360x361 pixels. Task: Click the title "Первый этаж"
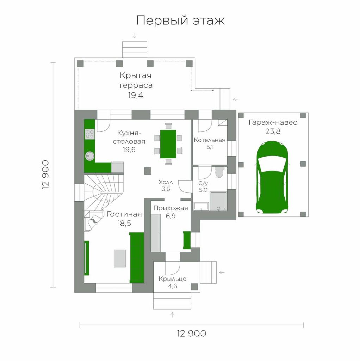coord(180,20)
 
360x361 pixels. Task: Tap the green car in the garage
coord(272,177)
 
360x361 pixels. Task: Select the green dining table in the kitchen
coord(168,144)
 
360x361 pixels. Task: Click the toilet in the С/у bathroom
coord(219,172)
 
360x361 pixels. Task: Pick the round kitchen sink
coord(89,156)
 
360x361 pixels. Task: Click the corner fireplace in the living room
coord(93,221)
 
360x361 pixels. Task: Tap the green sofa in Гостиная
coord(137,258)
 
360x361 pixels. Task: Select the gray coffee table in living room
coord(120,258)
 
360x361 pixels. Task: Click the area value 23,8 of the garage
coord(273,131)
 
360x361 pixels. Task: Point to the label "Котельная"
coord(210,140)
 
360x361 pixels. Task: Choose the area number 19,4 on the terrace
coord(136,95)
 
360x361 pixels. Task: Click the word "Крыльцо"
coord(173,279)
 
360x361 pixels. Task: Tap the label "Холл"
coord(166,182)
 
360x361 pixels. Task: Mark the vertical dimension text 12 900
coord(45,175)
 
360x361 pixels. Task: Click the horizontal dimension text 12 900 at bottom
coord(191,334)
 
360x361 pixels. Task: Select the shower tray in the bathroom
coord(218,201)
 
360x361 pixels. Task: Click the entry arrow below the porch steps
coord(172,315)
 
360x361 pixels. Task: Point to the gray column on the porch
coord(194,287)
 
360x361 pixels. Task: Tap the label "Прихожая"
coord(171,208)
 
